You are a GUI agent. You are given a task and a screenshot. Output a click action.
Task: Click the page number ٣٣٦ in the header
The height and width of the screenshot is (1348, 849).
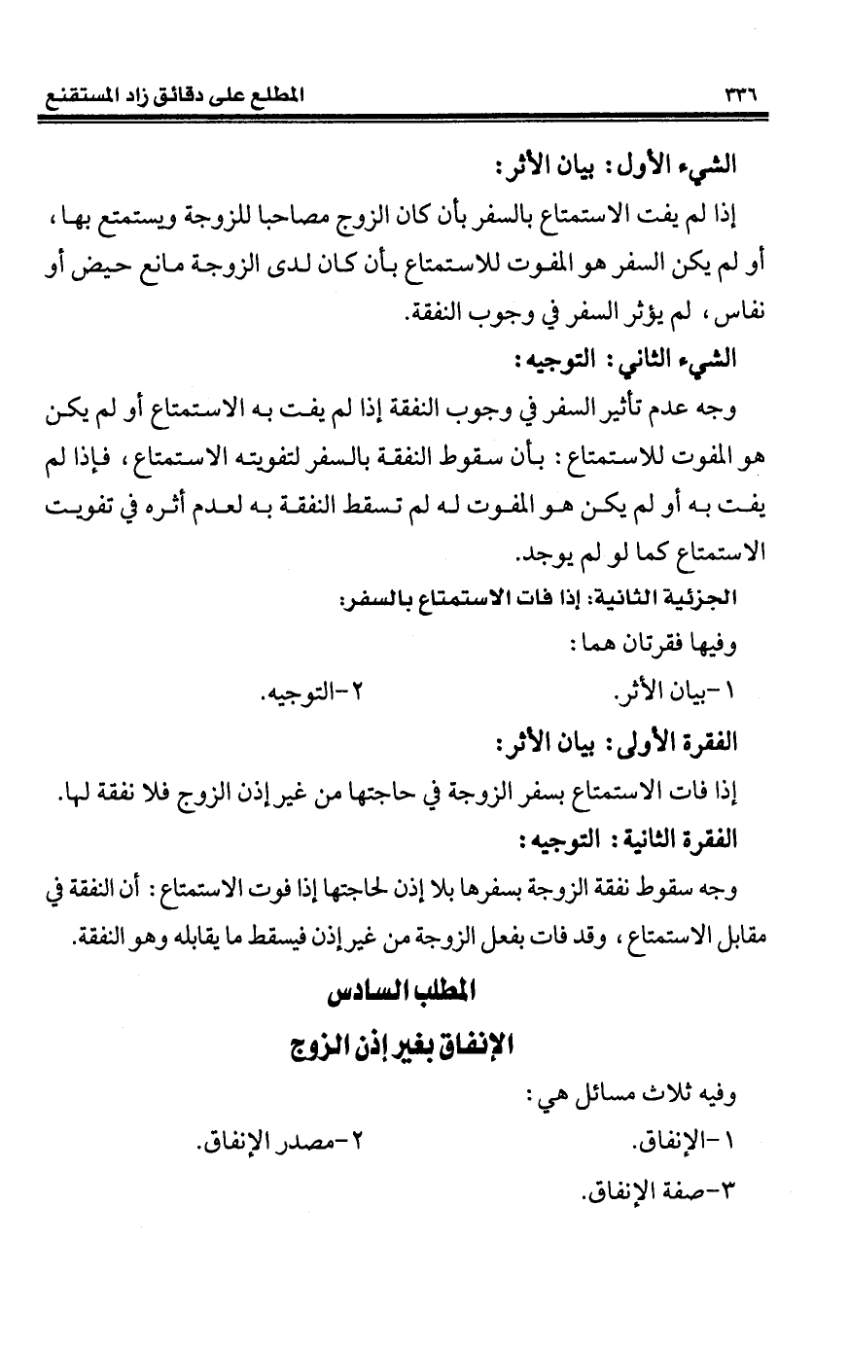click(x=740, y=95)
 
